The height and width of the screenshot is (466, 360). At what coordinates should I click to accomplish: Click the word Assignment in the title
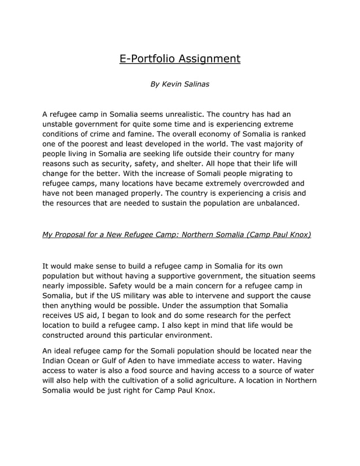(209, 59)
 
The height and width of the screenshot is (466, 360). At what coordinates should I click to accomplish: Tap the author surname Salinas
(195, 84)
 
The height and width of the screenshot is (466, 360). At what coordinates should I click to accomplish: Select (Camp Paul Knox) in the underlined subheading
(278, 234)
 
